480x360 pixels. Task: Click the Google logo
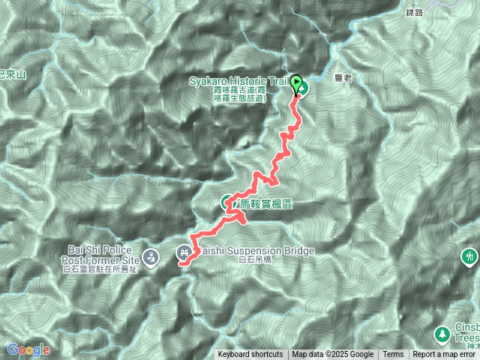(28, 349)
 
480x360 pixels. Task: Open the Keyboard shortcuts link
(250, 355)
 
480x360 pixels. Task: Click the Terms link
(393, 355)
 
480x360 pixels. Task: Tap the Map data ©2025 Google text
(332, 355)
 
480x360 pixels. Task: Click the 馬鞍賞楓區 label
(265, 204)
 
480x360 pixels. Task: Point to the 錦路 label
(415, 13)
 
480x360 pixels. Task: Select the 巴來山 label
(13, 74)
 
